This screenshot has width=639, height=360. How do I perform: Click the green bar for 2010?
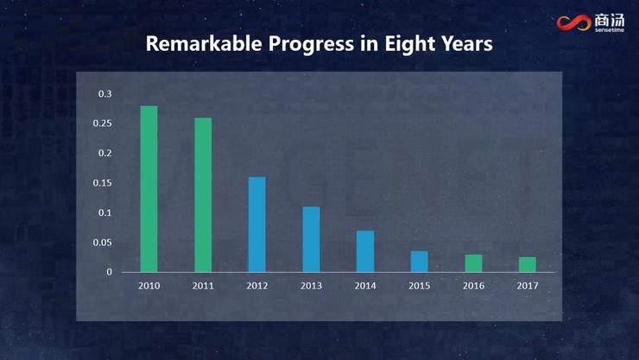[x=149, y=189]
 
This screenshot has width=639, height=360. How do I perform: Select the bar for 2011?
[x=203, y=195]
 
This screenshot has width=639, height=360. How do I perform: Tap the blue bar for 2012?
[x=257, y=224]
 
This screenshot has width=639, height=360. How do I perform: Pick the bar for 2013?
[x=311, y=239]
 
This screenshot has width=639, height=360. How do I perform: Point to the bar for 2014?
[x=365, y=251]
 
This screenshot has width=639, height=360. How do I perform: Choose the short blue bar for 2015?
[x=419, y=262]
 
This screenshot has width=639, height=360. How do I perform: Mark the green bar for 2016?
[x=473, y=263]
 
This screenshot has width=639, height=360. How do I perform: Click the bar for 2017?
[x=527, y=264]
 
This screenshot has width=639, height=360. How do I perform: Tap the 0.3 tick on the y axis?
[x=104, y=93]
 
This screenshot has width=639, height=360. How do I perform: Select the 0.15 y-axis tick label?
[x=103, y=183]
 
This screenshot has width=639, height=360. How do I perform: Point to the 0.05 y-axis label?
[x=103, y=243]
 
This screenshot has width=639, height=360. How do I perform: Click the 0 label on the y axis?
[x=110, y=272]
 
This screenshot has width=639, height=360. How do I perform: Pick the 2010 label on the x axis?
[x=149, y=286]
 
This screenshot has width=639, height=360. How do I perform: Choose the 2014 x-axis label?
[x=365, y=286]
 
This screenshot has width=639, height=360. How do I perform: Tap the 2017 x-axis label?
[x=527, y=286]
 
